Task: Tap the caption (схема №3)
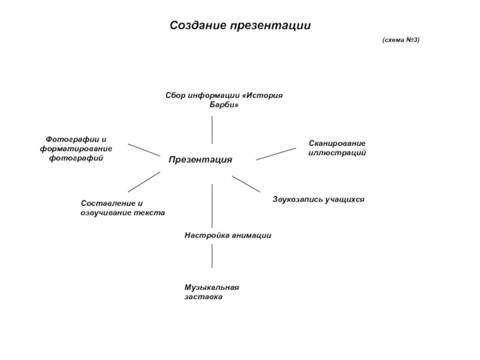(x=401, y=40)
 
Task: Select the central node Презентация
(x=200, y=160)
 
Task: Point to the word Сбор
(x=175, y=95)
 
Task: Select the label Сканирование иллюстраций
(x=337, y=148)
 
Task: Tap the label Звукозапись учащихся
(x=319, y=197)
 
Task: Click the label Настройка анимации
(x=227, y=236)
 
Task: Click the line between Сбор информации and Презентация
(x=212, y=129)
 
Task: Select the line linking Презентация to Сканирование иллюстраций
(x=275, y=153)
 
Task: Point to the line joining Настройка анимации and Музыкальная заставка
(x=212, y=256)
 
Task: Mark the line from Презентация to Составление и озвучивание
(x=144, y=182)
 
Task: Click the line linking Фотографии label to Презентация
(x=143, y=149)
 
